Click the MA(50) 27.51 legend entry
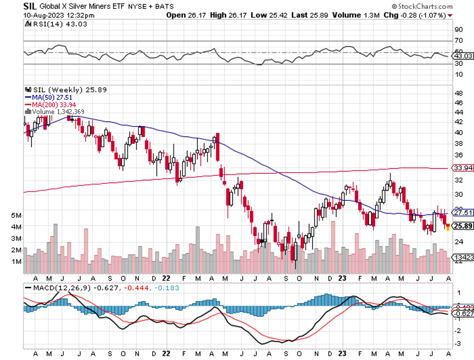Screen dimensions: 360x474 click(x=52, y=97)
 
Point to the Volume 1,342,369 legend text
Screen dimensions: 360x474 click(x=57, y=111)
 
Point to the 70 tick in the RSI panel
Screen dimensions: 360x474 click(x=458, y=41)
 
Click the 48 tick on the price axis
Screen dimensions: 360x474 click(x=458, y=93)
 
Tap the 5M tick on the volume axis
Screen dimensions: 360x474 click(x=16, y=215)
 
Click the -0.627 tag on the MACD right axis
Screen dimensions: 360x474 click(x=463, y=314)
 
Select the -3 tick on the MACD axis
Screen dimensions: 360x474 click(x=458, y=343)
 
